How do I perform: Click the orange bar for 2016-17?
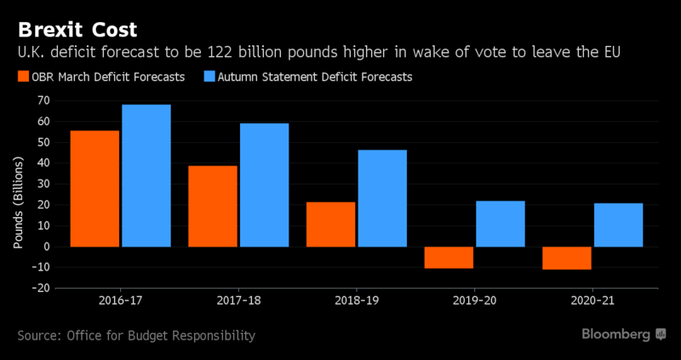[x=94, y=189]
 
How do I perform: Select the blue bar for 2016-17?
[x=146, y=176]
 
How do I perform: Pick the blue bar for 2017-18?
[x=264, y=186]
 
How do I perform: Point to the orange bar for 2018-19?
[x=331, y=225]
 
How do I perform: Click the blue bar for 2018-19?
[x=382, y=198]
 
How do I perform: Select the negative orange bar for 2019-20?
[x=449, y=258]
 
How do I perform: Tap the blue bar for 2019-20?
[x=501, y=224]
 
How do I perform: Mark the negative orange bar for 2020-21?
[x=567, y=258]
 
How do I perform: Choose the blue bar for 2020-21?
[x=619, y=226]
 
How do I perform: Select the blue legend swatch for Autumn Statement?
[x=210, y=77]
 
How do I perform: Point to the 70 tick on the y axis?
[x=42, y=100]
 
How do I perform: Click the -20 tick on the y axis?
[x=39, y=289]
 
